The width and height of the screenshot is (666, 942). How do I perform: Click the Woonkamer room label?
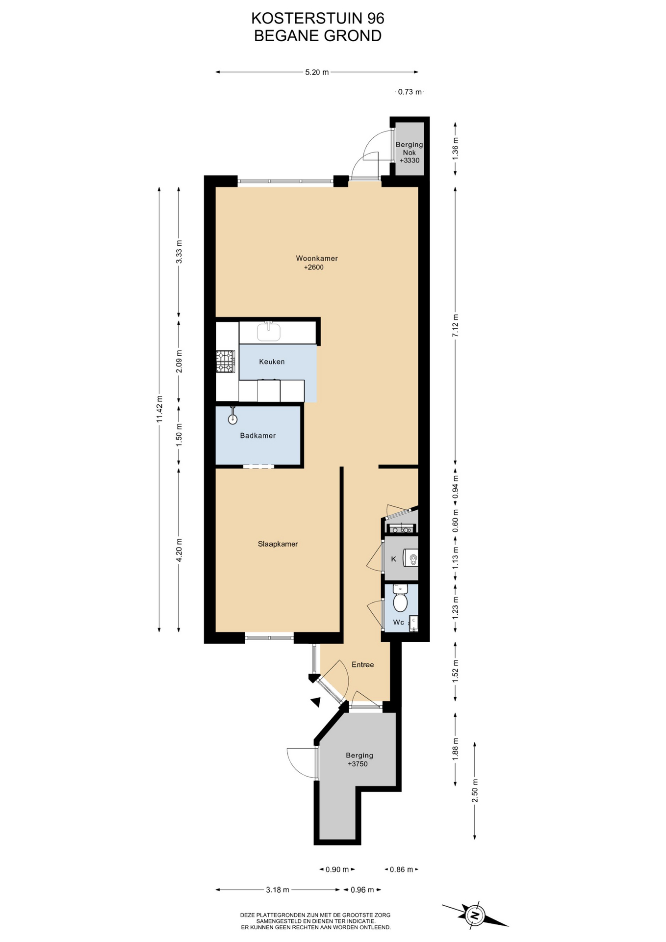coord(316,259)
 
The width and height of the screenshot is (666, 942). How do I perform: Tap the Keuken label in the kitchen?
coord(272,362)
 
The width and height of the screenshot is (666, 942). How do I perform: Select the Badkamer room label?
coord(257,436)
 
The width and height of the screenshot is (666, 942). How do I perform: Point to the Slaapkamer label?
coord(278,544)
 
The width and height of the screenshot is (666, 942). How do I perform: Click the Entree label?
coord(362,665)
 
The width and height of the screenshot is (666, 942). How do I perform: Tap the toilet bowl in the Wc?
coord(400,602)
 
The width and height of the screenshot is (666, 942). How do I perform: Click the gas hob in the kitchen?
coord(225,362)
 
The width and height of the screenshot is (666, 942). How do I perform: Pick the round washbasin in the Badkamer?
coord(232,419)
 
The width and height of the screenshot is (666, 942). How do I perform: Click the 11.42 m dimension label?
coord(159,409)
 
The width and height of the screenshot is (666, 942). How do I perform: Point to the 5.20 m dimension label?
coord(317,72)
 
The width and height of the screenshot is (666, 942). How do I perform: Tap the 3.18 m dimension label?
coord(277,890)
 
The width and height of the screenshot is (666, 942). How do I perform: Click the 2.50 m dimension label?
coord(475,790)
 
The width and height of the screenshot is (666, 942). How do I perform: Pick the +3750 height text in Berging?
coord(358,764)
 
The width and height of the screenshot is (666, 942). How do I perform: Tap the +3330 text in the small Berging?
coord(410,160)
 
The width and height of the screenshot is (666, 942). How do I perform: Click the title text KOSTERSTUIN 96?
coord(318,18)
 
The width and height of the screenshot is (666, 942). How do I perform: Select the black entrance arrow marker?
coord(315,702)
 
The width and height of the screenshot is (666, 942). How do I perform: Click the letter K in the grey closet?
coord(393,559)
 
